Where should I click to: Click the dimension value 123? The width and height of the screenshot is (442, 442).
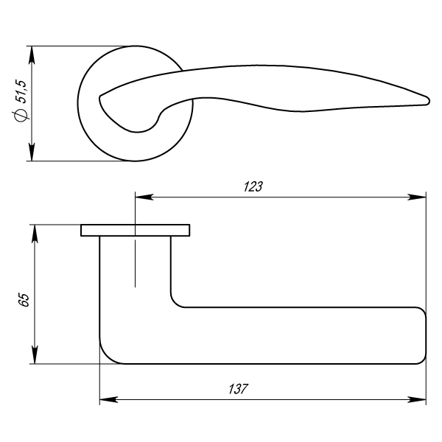coord(253,186)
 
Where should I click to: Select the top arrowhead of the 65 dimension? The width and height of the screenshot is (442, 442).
coord(32,233)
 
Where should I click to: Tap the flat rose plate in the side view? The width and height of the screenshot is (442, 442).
coord(136,231)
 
